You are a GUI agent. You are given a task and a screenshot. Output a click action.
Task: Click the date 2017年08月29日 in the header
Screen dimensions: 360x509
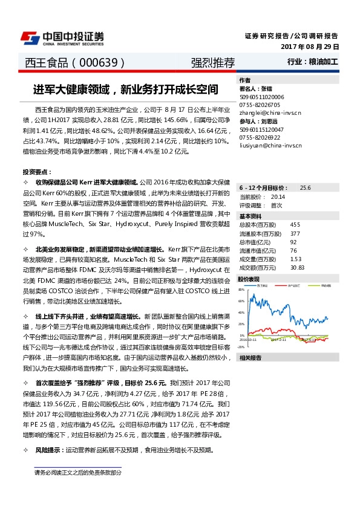tap(310, 47)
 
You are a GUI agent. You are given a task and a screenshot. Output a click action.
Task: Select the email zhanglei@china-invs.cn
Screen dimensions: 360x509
tap(270, 112)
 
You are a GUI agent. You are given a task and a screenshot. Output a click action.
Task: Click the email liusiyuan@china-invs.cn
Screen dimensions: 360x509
tap(270, 146)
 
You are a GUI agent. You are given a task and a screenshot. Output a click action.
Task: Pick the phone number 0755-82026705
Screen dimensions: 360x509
tap(261, 105)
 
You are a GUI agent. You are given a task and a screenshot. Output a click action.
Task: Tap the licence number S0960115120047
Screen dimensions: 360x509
tap(262, 129)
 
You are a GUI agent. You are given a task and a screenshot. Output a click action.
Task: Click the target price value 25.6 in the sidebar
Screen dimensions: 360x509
tap(305, 188)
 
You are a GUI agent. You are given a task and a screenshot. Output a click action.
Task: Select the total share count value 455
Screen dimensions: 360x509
tap(295, 225)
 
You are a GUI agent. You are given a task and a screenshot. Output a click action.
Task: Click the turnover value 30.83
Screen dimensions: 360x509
tap(297, 267)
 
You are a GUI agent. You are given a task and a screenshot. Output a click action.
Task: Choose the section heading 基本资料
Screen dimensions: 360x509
tap(250, 216)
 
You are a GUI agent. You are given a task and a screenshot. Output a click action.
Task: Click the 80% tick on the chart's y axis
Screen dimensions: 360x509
tap(241, 290)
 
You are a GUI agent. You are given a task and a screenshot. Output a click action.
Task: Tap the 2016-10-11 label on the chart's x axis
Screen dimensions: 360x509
tap(248, 340)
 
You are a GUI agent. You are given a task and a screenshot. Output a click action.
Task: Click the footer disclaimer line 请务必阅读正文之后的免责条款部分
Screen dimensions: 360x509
tap(77, 473)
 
